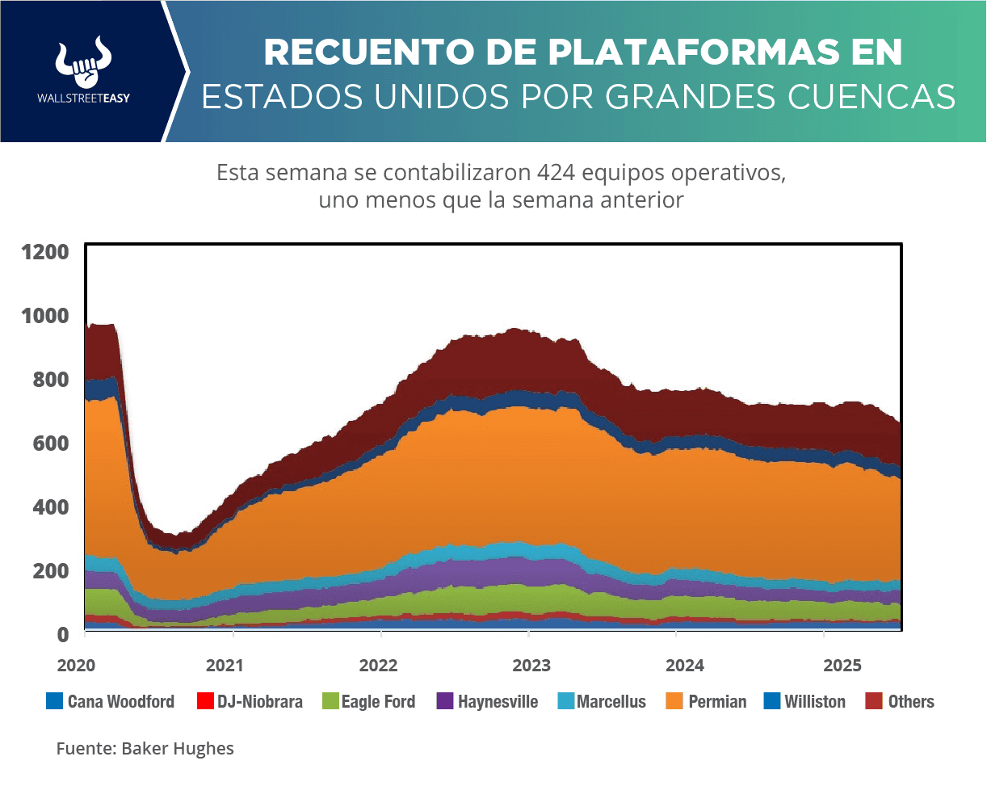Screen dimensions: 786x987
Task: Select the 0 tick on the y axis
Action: point(61,634)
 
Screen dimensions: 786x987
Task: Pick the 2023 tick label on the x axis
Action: point(531,666)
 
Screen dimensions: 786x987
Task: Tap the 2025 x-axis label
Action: point(842,666)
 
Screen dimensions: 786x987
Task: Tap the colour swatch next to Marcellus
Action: point(565,701)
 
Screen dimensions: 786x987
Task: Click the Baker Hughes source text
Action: point(178,748)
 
